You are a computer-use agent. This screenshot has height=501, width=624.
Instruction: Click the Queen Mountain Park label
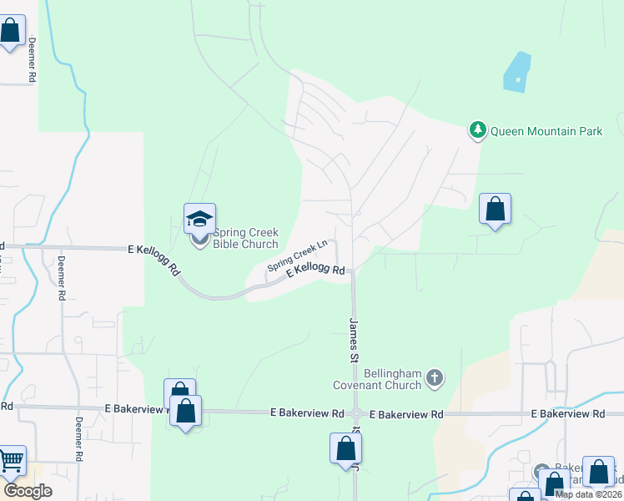click(546, 131)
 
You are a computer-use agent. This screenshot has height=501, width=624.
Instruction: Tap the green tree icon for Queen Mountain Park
click(478, 130)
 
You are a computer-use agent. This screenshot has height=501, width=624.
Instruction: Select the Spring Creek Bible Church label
click(245, 239)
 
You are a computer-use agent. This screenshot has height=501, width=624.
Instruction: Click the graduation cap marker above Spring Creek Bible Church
click(200, 219)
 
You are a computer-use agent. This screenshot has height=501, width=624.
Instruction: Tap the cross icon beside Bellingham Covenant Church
click(434, 379)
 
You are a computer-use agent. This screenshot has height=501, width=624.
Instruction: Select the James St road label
click(354, 339)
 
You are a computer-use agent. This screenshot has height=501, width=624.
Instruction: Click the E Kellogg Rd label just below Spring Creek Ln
click(315, 271)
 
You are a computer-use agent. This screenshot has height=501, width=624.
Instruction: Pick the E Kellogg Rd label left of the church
click(156, 259)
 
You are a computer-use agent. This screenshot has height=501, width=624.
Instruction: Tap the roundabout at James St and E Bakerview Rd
click(356, 413)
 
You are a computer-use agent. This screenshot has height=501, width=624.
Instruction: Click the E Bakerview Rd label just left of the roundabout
click(307, 413)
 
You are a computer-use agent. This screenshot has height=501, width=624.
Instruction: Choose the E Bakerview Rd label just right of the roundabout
click(405, 414)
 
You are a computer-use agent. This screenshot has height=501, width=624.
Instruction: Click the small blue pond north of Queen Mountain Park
click(517, 73)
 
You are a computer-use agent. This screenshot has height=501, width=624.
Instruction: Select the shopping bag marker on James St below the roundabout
click(345, 448)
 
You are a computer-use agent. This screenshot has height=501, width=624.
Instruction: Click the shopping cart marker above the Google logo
click(11, 460)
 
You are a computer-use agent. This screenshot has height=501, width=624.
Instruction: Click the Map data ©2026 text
click(588, 494)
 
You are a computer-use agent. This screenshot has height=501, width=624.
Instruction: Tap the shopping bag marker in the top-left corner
click(11, 33)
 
